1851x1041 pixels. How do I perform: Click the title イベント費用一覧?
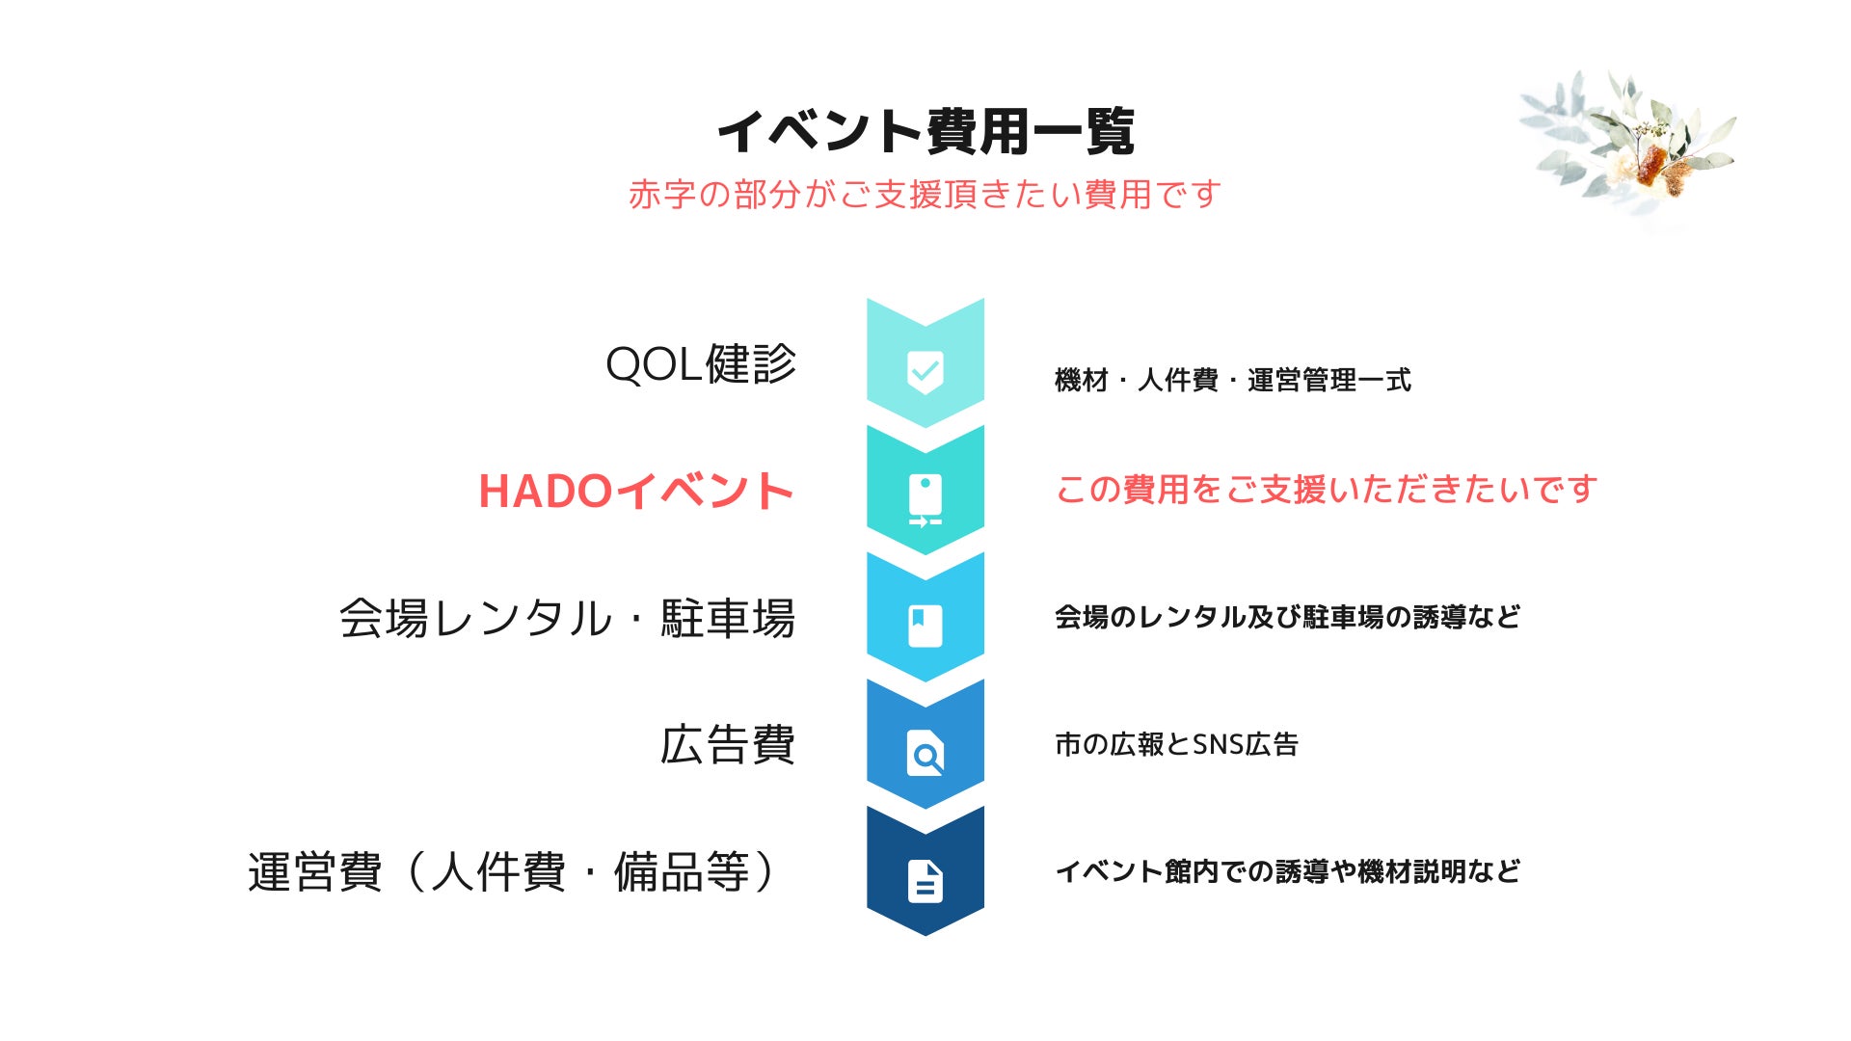925,131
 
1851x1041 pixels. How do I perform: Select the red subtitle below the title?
925,195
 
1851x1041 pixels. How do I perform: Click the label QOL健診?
701,364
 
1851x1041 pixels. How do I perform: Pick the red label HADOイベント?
636,491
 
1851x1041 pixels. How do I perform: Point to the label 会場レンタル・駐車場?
567,618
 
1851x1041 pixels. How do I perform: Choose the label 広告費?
728,745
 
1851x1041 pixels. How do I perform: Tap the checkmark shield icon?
925,371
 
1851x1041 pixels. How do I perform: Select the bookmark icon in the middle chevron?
925,626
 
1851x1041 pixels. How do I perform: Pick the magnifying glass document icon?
925,754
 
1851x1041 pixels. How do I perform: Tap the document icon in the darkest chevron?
925,881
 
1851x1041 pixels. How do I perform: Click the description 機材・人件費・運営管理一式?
1233,380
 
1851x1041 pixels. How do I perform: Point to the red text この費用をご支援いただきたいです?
1327,490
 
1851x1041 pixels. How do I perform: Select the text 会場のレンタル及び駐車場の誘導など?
1288,617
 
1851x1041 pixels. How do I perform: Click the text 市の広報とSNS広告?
1177,744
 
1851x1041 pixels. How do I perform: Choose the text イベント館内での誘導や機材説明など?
1288,871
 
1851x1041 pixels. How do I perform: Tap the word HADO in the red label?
546,492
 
